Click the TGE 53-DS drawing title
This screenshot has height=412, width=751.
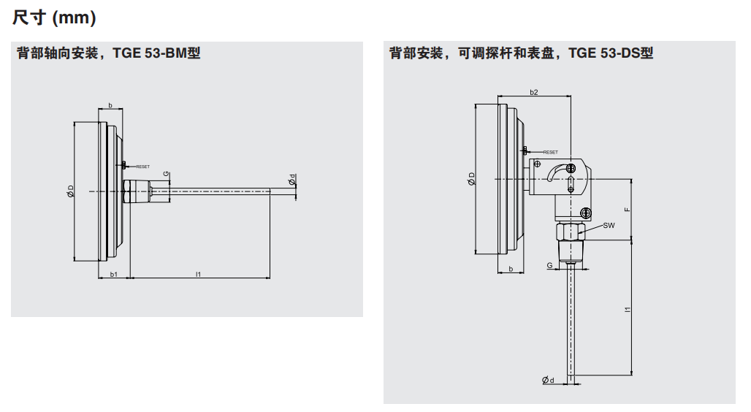click(521, 53)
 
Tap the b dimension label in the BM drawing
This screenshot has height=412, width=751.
click(110, 106)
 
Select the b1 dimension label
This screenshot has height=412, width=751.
click(113, 274)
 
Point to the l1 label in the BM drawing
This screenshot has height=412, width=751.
click(198, 274)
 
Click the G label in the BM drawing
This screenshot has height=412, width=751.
click(166, 174)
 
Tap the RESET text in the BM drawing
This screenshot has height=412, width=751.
click(142, 167)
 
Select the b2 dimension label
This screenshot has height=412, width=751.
click(533, 92)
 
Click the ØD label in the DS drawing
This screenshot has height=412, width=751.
click(472, 179)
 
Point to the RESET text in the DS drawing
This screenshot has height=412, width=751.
click(550, 152)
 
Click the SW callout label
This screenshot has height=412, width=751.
click(609, 226)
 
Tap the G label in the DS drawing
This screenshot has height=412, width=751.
click(549, 266)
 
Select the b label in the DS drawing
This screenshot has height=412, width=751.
click(511, 270)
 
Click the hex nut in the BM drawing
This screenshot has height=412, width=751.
click(128, 192)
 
